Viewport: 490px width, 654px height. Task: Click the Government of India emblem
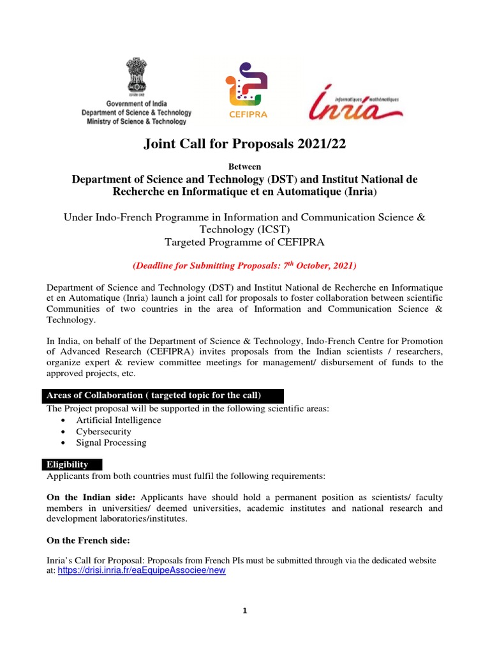pos(137,77)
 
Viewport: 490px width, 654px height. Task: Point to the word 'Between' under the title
pos(244,166)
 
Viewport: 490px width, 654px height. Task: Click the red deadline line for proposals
pos(244,265)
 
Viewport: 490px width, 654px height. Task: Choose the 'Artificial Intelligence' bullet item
pos(119,420)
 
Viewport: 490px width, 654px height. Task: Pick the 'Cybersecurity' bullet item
pos(103,432)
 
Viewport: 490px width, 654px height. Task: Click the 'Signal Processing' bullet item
pos(111,443)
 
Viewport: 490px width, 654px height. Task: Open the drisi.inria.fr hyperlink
pos(142,571)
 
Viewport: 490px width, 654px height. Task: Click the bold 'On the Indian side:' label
pos(91,497)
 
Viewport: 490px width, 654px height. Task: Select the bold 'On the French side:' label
pos(88,540)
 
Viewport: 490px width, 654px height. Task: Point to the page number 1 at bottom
pos(245,611)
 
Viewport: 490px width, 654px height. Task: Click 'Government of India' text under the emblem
pos(137,103)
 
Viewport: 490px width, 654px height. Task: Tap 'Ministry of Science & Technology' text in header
pos(137,121)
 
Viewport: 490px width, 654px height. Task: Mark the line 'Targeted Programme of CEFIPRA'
pos(244,241)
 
